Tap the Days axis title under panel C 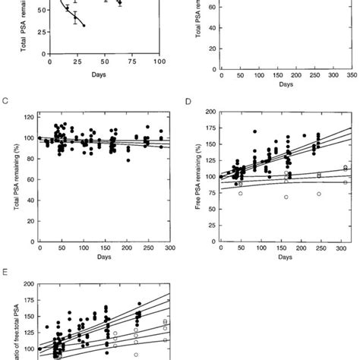click(104, 257)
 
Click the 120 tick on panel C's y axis click(29, 118)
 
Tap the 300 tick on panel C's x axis click(172, 248)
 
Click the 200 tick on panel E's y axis click(29, 284)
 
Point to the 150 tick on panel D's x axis click(278, 248)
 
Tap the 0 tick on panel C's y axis click(32, 239)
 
